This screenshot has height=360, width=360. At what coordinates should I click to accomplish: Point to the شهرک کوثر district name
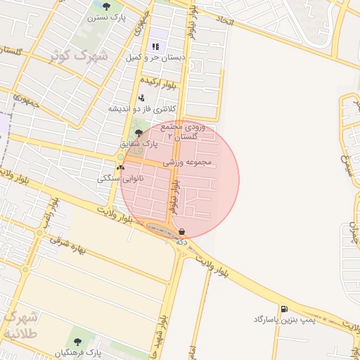click(79, 54)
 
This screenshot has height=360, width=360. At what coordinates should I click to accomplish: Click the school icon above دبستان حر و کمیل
click(155, 46)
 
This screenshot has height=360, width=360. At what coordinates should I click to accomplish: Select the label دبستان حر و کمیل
click(155, 58)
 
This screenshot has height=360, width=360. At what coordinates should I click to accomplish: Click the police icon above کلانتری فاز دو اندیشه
click(141, 98)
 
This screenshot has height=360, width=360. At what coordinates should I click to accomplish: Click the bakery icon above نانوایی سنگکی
click(121, 168)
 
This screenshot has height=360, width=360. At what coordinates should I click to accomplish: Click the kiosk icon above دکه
click(182, 231)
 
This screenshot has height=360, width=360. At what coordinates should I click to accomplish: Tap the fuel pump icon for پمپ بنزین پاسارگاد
click(283, 309)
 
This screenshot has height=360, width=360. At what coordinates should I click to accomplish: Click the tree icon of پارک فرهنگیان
click(77, 342)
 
